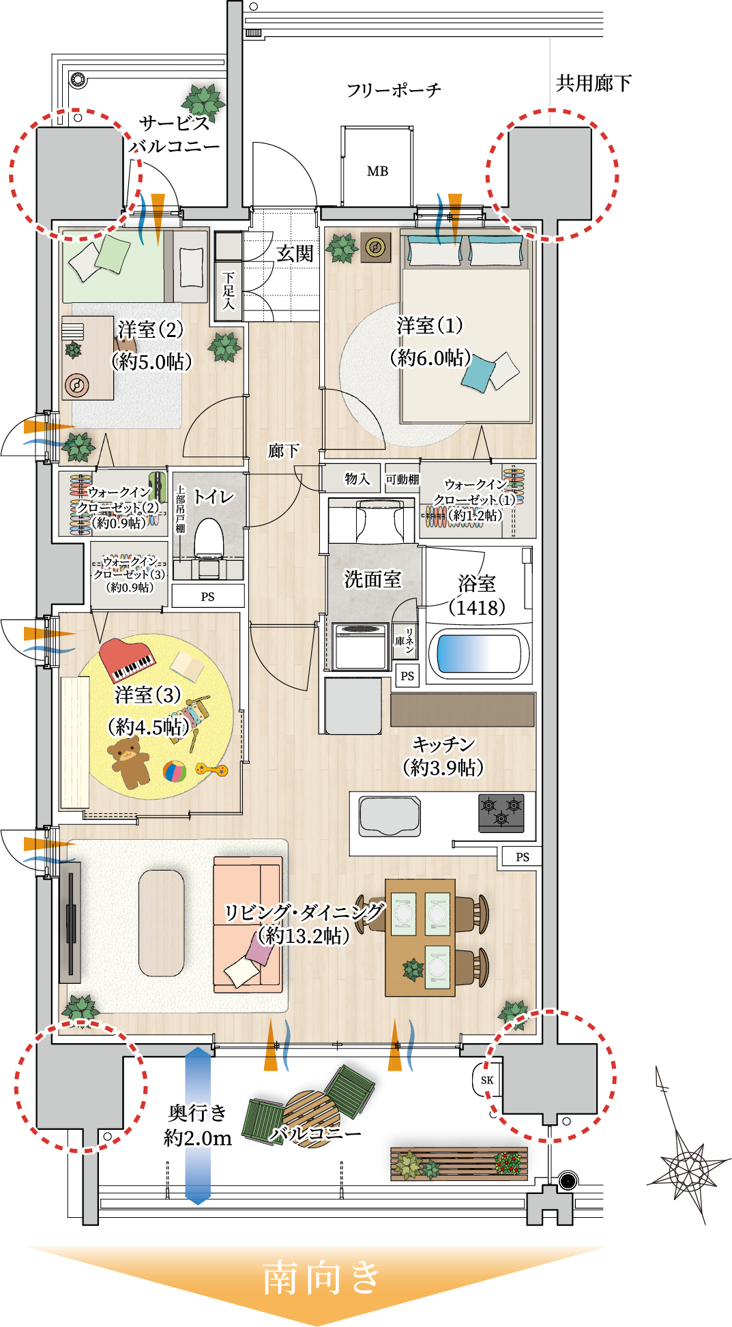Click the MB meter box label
377,171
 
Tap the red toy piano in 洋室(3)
127,660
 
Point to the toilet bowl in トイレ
209,540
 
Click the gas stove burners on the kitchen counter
501,813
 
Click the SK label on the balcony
487,1080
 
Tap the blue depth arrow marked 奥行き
198,1126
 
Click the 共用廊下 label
594,83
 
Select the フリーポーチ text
394,90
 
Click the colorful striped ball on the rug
175,772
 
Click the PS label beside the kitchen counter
522,857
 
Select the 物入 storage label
357,479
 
